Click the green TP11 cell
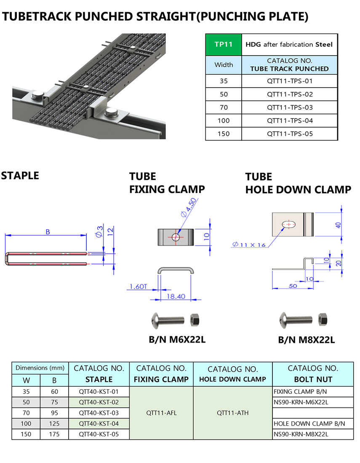[223, 44]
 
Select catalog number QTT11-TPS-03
[290, 107]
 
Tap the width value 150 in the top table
[223, 134]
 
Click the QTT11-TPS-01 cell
[290, 81]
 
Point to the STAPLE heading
[20, 176]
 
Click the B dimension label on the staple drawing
[48, 232]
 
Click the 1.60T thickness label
[138, 288]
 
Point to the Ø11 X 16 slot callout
[248, 244]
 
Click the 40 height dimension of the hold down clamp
[337, 225]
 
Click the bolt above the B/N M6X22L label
[167, 320]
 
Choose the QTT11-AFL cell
[161, 413]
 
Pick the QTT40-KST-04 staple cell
[99, 423]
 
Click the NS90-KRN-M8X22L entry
[301, 434]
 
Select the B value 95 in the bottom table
[54, 413]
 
